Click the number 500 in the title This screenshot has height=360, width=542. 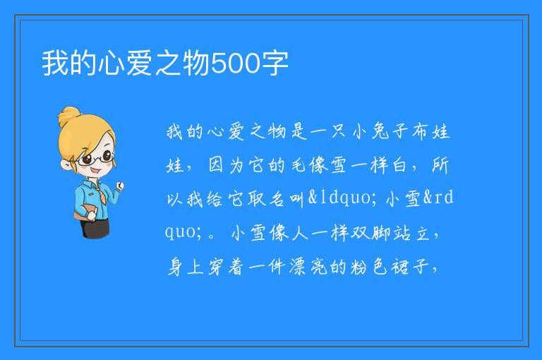tap(236, 64)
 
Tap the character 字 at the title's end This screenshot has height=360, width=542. tap(275, 64)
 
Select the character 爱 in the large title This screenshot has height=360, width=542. tap(139, 64)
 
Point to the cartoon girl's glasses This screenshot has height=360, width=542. tap(95, 158)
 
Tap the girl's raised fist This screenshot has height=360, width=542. tap(120, 186)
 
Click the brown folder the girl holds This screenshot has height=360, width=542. tap(84, 212)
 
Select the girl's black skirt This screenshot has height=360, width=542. tap(95, 227)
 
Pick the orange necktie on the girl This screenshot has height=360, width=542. tap(100, 193)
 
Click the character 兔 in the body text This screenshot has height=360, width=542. tap(380, 131)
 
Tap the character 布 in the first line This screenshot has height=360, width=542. tap(420, 131)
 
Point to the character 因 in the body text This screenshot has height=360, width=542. tap(216, 165)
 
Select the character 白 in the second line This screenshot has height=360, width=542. tap(399, 165)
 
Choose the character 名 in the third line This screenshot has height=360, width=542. tap(277, 198)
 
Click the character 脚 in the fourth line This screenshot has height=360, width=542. tap(380, 232)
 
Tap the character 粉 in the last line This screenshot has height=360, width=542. tap(359, 266)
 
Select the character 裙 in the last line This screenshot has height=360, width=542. tap(399, 266)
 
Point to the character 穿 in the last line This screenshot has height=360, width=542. tap(216, 266)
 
